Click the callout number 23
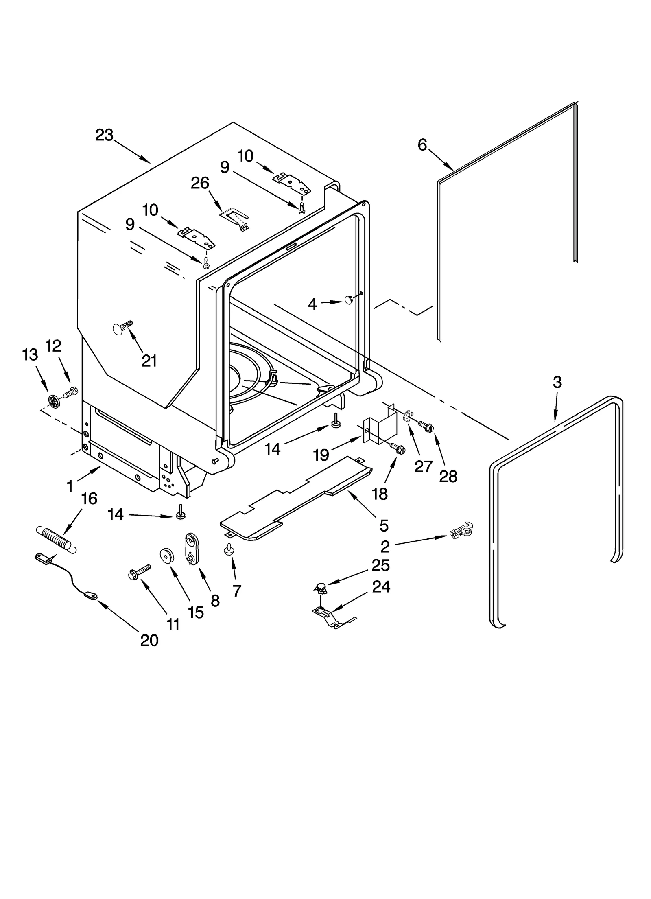coord(104,135)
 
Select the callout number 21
coord(149,361)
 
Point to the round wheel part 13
coord(53,400)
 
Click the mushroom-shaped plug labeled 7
coord(229,550)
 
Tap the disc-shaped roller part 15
coord(166,555)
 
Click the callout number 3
coord(557,382)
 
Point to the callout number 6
coord(422,144)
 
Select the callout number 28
coord(448,476)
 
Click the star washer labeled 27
coord(406,416)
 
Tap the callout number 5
coord(384,525)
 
